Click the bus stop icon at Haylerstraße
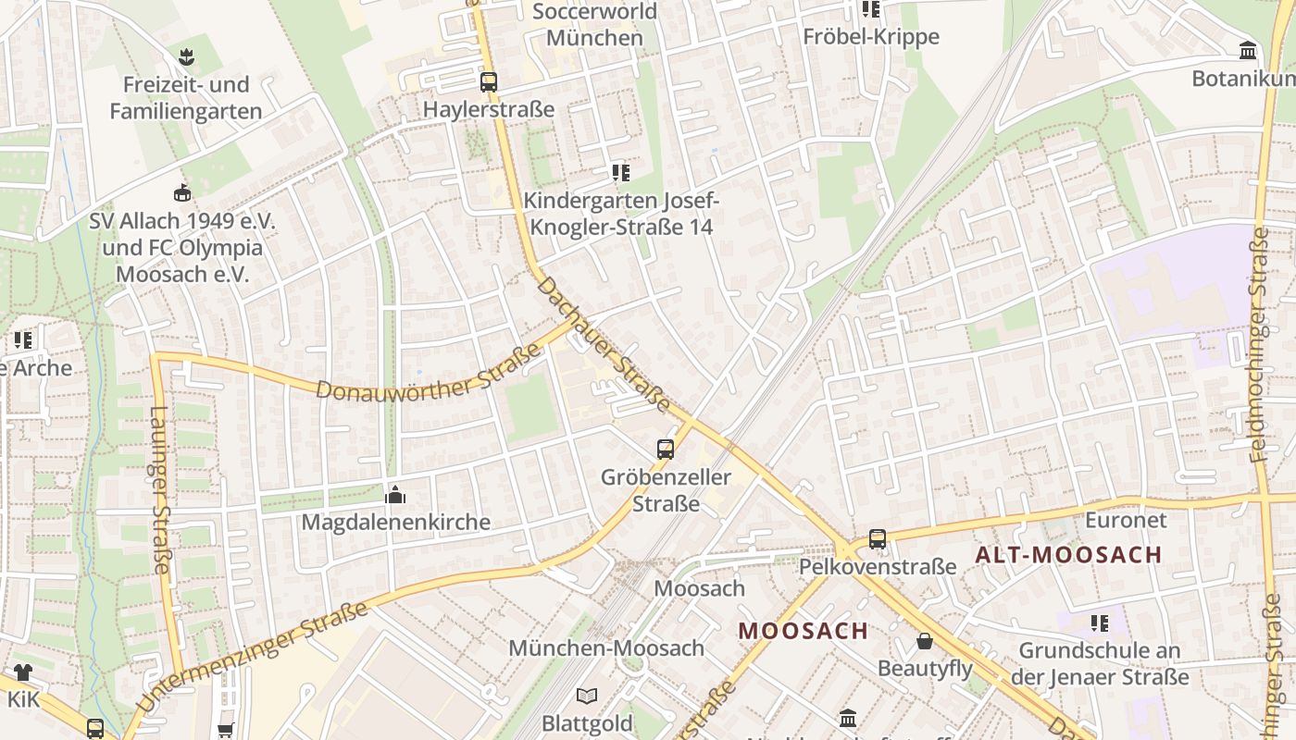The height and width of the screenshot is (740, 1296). (x=489, y=81)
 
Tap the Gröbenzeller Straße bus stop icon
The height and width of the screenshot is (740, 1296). (x=665, y=450)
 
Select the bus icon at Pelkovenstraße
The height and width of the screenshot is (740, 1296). (x=877, y=538)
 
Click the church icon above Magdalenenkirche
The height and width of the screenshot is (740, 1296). (x=395, y=495)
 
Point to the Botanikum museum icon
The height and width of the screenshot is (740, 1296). (x=1247, y=51)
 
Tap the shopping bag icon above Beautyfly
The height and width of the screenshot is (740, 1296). (x=924, y=641)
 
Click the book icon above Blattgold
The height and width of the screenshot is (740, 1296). (x=587, y=696)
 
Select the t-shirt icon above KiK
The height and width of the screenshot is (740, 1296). (x=22, y=672)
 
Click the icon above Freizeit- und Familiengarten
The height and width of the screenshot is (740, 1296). (x=186, y=56)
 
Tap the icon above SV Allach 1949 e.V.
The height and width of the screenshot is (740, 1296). (x=182, y=193)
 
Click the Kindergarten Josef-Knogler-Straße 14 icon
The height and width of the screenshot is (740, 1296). (x=620, y=172)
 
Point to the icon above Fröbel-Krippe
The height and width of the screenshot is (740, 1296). (x=870, y=9)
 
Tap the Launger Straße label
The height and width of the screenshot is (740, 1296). (x=159, y=490)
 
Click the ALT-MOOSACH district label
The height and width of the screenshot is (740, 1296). (x=1068, y=555)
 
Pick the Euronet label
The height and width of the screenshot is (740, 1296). (x=1126, y=520)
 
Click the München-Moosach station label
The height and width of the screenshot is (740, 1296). (x=606, y=648)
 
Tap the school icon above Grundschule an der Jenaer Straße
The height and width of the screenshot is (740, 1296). (x=1099, y=623)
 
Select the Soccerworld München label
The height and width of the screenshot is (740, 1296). (x=594, y=25)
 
